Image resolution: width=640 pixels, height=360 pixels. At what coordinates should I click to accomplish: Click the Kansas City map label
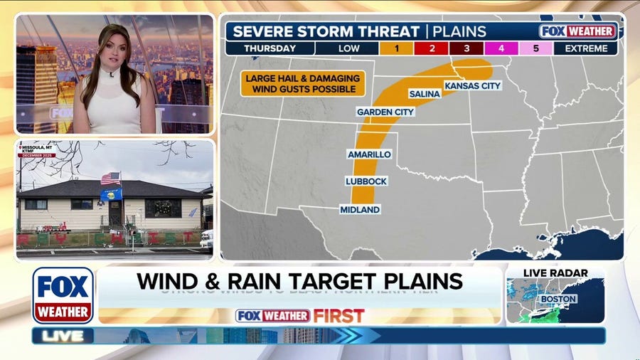tap(473, 85)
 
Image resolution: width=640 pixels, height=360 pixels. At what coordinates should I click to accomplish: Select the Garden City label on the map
tap(385, 112)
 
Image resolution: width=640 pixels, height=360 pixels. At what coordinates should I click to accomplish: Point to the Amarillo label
tap(369, 154)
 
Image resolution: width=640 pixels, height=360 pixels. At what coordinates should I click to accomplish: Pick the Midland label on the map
tap(360, 209)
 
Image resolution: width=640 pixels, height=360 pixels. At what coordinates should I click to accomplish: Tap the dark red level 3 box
tap(466, 48)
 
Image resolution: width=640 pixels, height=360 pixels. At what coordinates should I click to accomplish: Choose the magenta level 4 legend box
tap(501, 48)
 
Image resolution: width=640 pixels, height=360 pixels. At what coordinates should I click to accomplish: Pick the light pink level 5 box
tap(536, 48)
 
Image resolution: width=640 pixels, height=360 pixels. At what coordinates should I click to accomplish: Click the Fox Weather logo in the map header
tap(577, 31)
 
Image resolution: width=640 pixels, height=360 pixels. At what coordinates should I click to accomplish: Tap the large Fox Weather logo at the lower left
tap(63, 295)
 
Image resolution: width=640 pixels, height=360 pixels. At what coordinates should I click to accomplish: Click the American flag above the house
tap(110, 178)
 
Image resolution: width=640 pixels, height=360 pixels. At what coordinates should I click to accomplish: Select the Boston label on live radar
tap(558, 299)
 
